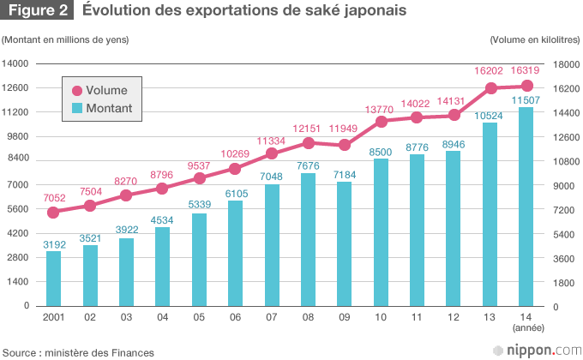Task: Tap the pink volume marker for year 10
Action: point(382,121)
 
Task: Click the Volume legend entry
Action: point(99,90)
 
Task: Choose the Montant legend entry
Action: point(101,108)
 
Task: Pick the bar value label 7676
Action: point(309,165)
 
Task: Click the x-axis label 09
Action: point(345,317)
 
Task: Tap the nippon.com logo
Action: point(537,350)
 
